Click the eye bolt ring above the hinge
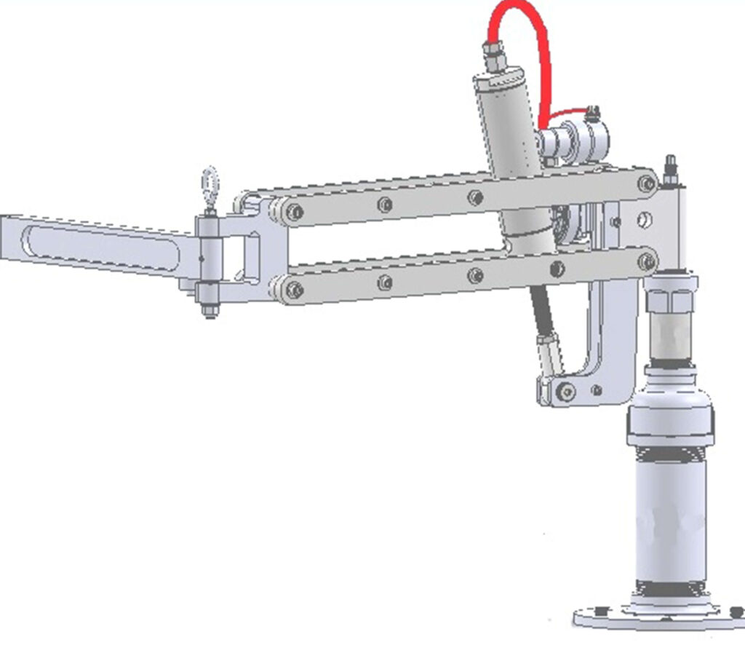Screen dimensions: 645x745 tap(210, 181)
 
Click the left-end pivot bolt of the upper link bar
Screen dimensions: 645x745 tap(295, 213)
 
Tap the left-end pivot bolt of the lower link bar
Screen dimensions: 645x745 tap(295, 290)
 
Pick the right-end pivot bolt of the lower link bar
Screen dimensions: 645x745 tap(646, 261)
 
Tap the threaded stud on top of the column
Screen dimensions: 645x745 tap(670, 169)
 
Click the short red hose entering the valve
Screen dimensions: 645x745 tap(567, 114)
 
